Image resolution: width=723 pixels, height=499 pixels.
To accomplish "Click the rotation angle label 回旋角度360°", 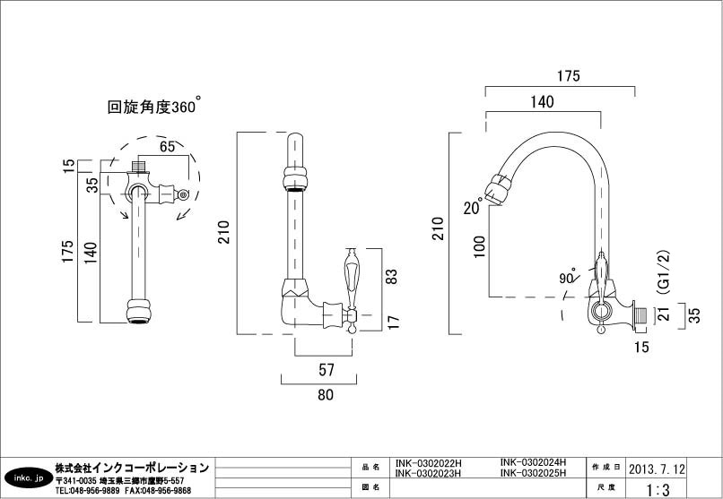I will pos(153,107).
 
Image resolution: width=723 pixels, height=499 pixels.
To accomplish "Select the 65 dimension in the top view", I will pos(167,146).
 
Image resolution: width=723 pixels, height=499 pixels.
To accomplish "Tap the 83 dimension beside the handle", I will pos(391,277).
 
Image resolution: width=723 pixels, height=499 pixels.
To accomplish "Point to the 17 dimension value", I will pos(391,320).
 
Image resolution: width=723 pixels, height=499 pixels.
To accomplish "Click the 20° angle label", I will pos(473,208).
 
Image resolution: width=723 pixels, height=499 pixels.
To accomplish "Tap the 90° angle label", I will pos(567,278).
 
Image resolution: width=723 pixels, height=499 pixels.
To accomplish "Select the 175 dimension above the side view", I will pos(567,76).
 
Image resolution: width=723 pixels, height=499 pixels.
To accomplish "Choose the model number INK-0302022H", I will pos(428,464).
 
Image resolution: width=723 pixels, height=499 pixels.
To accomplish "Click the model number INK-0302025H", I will pos(533,473).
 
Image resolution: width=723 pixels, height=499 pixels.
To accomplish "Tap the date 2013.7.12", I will pos(657,469).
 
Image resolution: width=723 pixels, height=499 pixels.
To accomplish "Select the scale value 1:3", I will pos(657,489).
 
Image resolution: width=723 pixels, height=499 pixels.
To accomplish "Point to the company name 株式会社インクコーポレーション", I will pos(132,468).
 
